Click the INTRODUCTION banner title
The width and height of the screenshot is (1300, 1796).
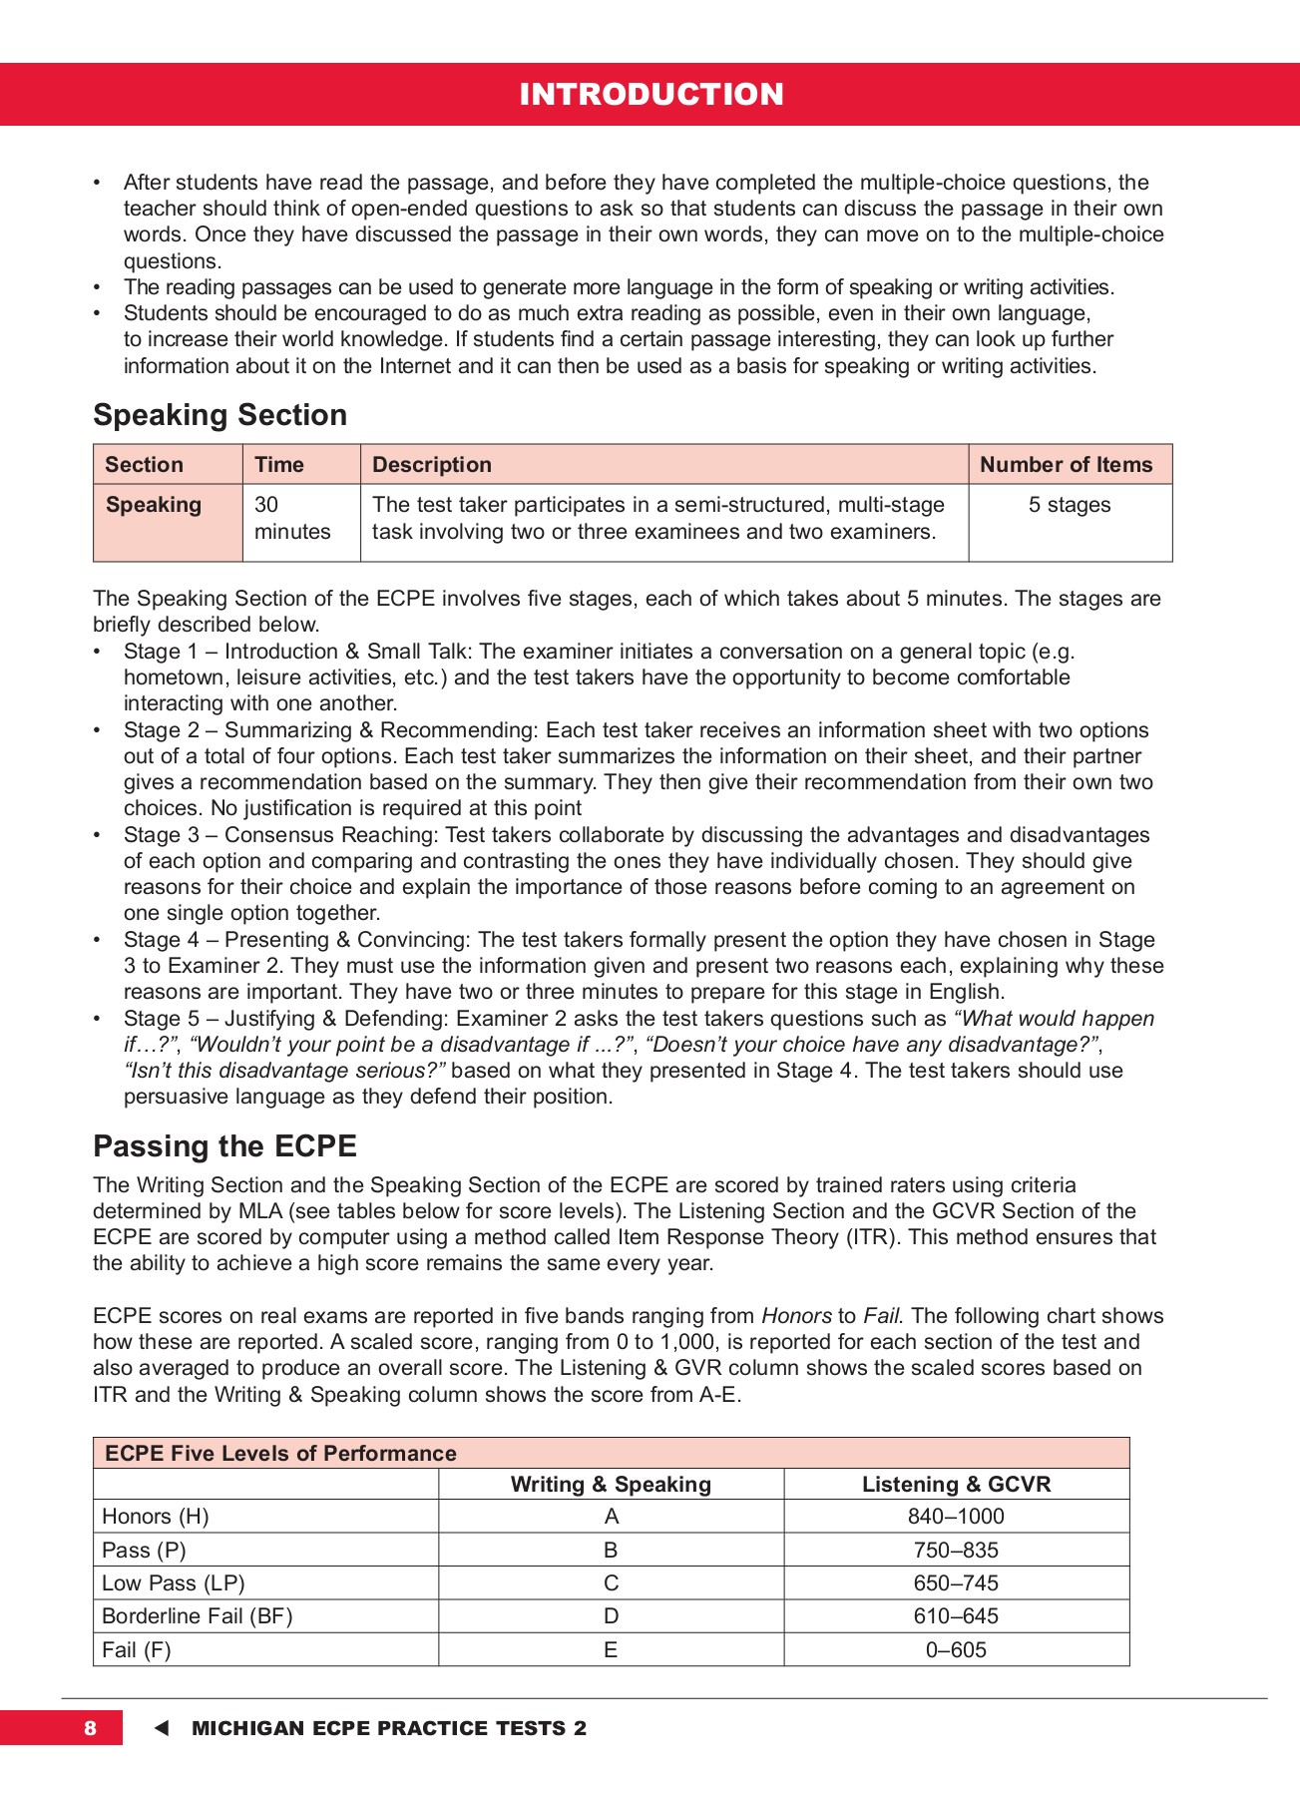(650, 94)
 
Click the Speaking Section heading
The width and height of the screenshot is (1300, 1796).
(219, 415)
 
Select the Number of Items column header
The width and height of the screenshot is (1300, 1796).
(1066, 465)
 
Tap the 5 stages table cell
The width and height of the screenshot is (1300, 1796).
(1070, 505)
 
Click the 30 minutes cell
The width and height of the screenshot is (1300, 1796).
(291, 518)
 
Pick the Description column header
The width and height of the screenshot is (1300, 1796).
(431, 465)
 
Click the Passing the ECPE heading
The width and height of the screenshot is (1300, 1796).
(224, 1146)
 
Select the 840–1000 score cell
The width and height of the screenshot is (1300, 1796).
(956, 1517)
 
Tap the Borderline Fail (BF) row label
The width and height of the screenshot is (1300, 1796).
(198, 1616)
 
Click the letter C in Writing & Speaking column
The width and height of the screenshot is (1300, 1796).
(611, 1583)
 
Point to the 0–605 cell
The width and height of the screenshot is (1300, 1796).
(956, 1650)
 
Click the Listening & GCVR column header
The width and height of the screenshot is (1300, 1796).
(956, 1485)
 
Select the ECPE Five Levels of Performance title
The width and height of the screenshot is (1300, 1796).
(280, 1454)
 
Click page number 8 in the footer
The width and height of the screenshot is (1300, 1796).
(90, 1728)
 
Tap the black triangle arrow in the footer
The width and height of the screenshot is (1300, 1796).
(162, 1728)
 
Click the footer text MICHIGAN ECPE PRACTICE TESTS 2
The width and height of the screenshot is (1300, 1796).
(389, 1728)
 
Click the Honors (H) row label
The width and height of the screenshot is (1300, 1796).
(156, 1517)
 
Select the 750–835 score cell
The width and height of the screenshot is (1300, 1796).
(956, 1551)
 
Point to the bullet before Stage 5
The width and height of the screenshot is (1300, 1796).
(97, 1019)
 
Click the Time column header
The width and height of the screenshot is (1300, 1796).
(278, 465)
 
